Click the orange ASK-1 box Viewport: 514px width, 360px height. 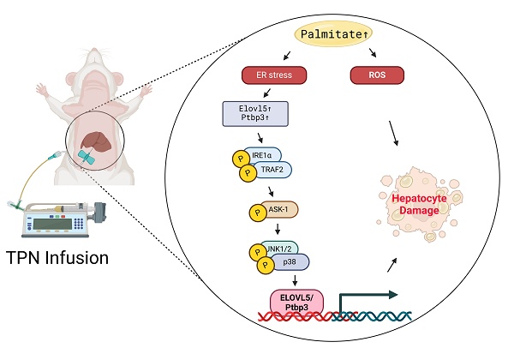click(275, 209)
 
